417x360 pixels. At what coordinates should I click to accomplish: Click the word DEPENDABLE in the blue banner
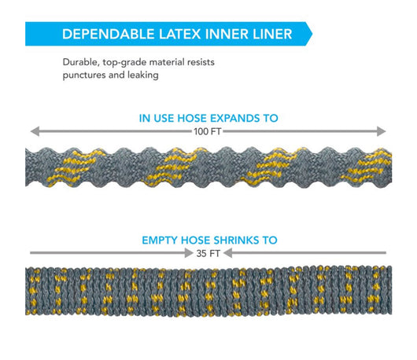coord(109,34)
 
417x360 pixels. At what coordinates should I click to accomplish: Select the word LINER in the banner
coord(272,34)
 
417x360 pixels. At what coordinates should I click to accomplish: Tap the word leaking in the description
coord(143,75)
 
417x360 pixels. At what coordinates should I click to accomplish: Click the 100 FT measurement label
coord(207,131)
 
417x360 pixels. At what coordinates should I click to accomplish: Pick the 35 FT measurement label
coord(208,253)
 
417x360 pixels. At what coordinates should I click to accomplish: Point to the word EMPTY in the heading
coord(160,241)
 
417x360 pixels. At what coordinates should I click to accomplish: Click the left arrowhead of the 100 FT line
coord(35,131)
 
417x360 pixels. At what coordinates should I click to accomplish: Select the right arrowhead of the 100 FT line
coord(382,131)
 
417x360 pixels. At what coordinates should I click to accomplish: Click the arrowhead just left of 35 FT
coord(189,253)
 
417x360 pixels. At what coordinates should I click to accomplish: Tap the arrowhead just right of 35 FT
coord(227,253)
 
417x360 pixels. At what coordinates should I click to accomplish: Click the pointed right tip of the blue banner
coord(312,34)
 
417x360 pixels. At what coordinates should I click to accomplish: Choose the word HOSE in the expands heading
coord(191,118)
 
